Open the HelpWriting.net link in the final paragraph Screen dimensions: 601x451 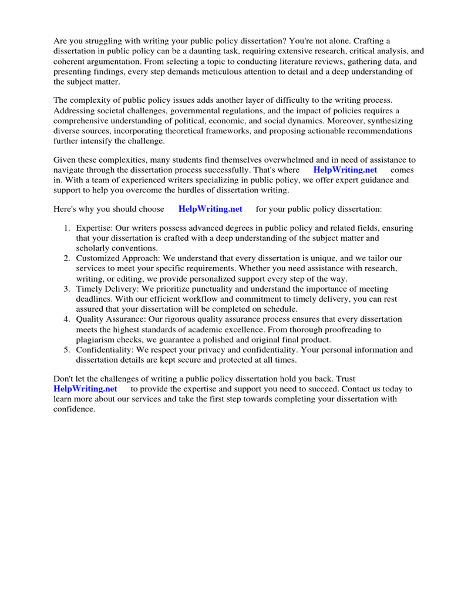tap(85, 389)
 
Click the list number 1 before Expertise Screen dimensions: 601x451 tap(68, 228)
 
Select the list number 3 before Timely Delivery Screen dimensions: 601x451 tap(68, 289)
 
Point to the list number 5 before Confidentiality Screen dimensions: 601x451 tap(68, 350)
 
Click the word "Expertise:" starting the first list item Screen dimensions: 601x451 tap(94, 228)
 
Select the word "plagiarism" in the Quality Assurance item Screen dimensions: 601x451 tap(96, 340)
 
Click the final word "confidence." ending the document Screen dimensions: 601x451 tap(74, 409)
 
